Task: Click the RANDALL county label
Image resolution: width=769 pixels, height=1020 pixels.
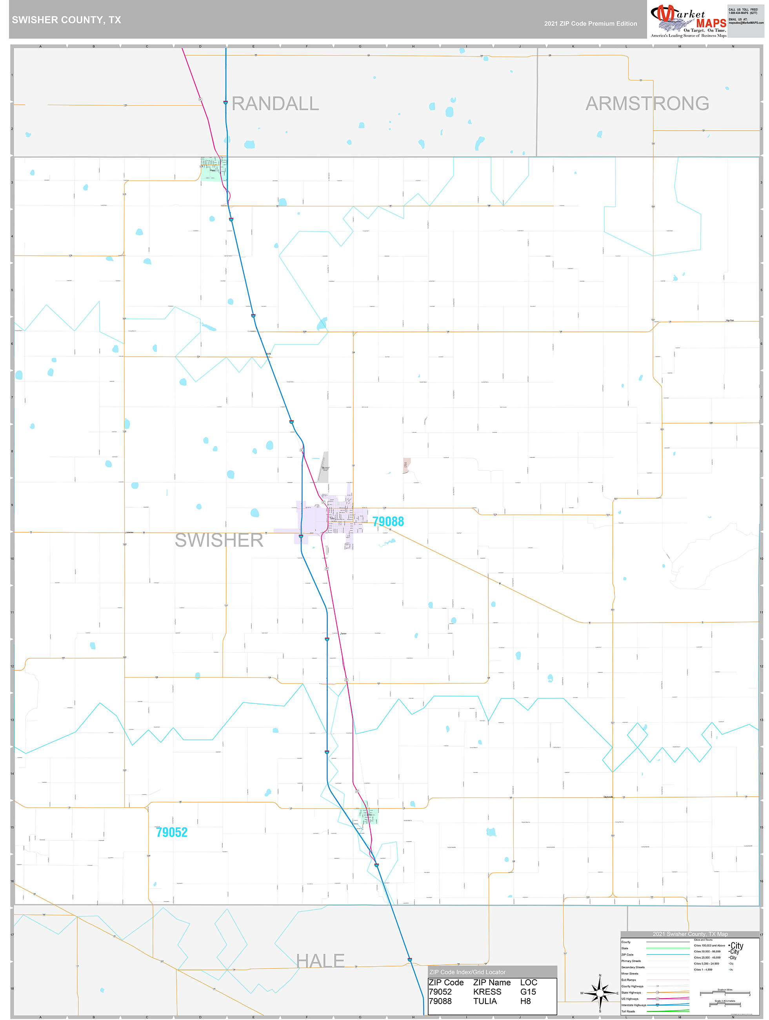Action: (275, 104)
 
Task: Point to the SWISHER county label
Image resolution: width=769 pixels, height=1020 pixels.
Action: (219, 540)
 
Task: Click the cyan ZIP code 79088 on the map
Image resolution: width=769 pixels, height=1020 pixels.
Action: (388, 521)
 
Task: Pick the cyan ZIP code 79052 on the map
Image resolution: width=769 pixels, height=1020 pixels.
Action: (171, 832)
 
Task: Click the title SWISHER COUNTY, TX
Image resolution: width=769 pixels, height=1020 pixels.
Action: (66, 20)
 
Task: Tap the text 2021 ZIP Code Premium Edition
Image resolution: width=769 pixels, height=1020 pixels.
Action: (590, 24)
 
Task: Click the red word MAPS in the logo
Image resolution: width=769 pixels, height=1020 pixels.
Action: (711, 24)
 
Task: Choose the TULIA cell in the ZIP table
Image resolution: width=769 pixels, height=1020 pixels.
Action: (485, 1001)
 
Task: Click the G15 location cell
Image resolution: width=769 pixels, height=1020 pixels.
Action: (528, 991)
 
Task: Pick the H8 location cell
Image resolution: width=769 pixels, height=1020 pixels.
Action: (525, 1001)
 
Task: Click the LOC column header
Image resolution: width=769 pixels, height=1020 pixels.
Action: (528, 982)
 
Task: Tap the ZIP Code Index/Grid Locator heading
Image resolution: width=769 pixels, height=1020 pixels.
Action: (467, 972)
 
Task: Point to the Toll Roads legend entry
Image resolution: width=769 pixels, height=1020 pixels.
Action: (628, 1011)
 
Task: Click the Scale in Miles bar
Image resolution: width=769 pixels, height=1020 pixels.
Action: (725, 993)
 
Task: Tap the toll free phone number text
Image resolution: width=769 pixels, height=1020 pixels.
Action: (743, 11)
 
